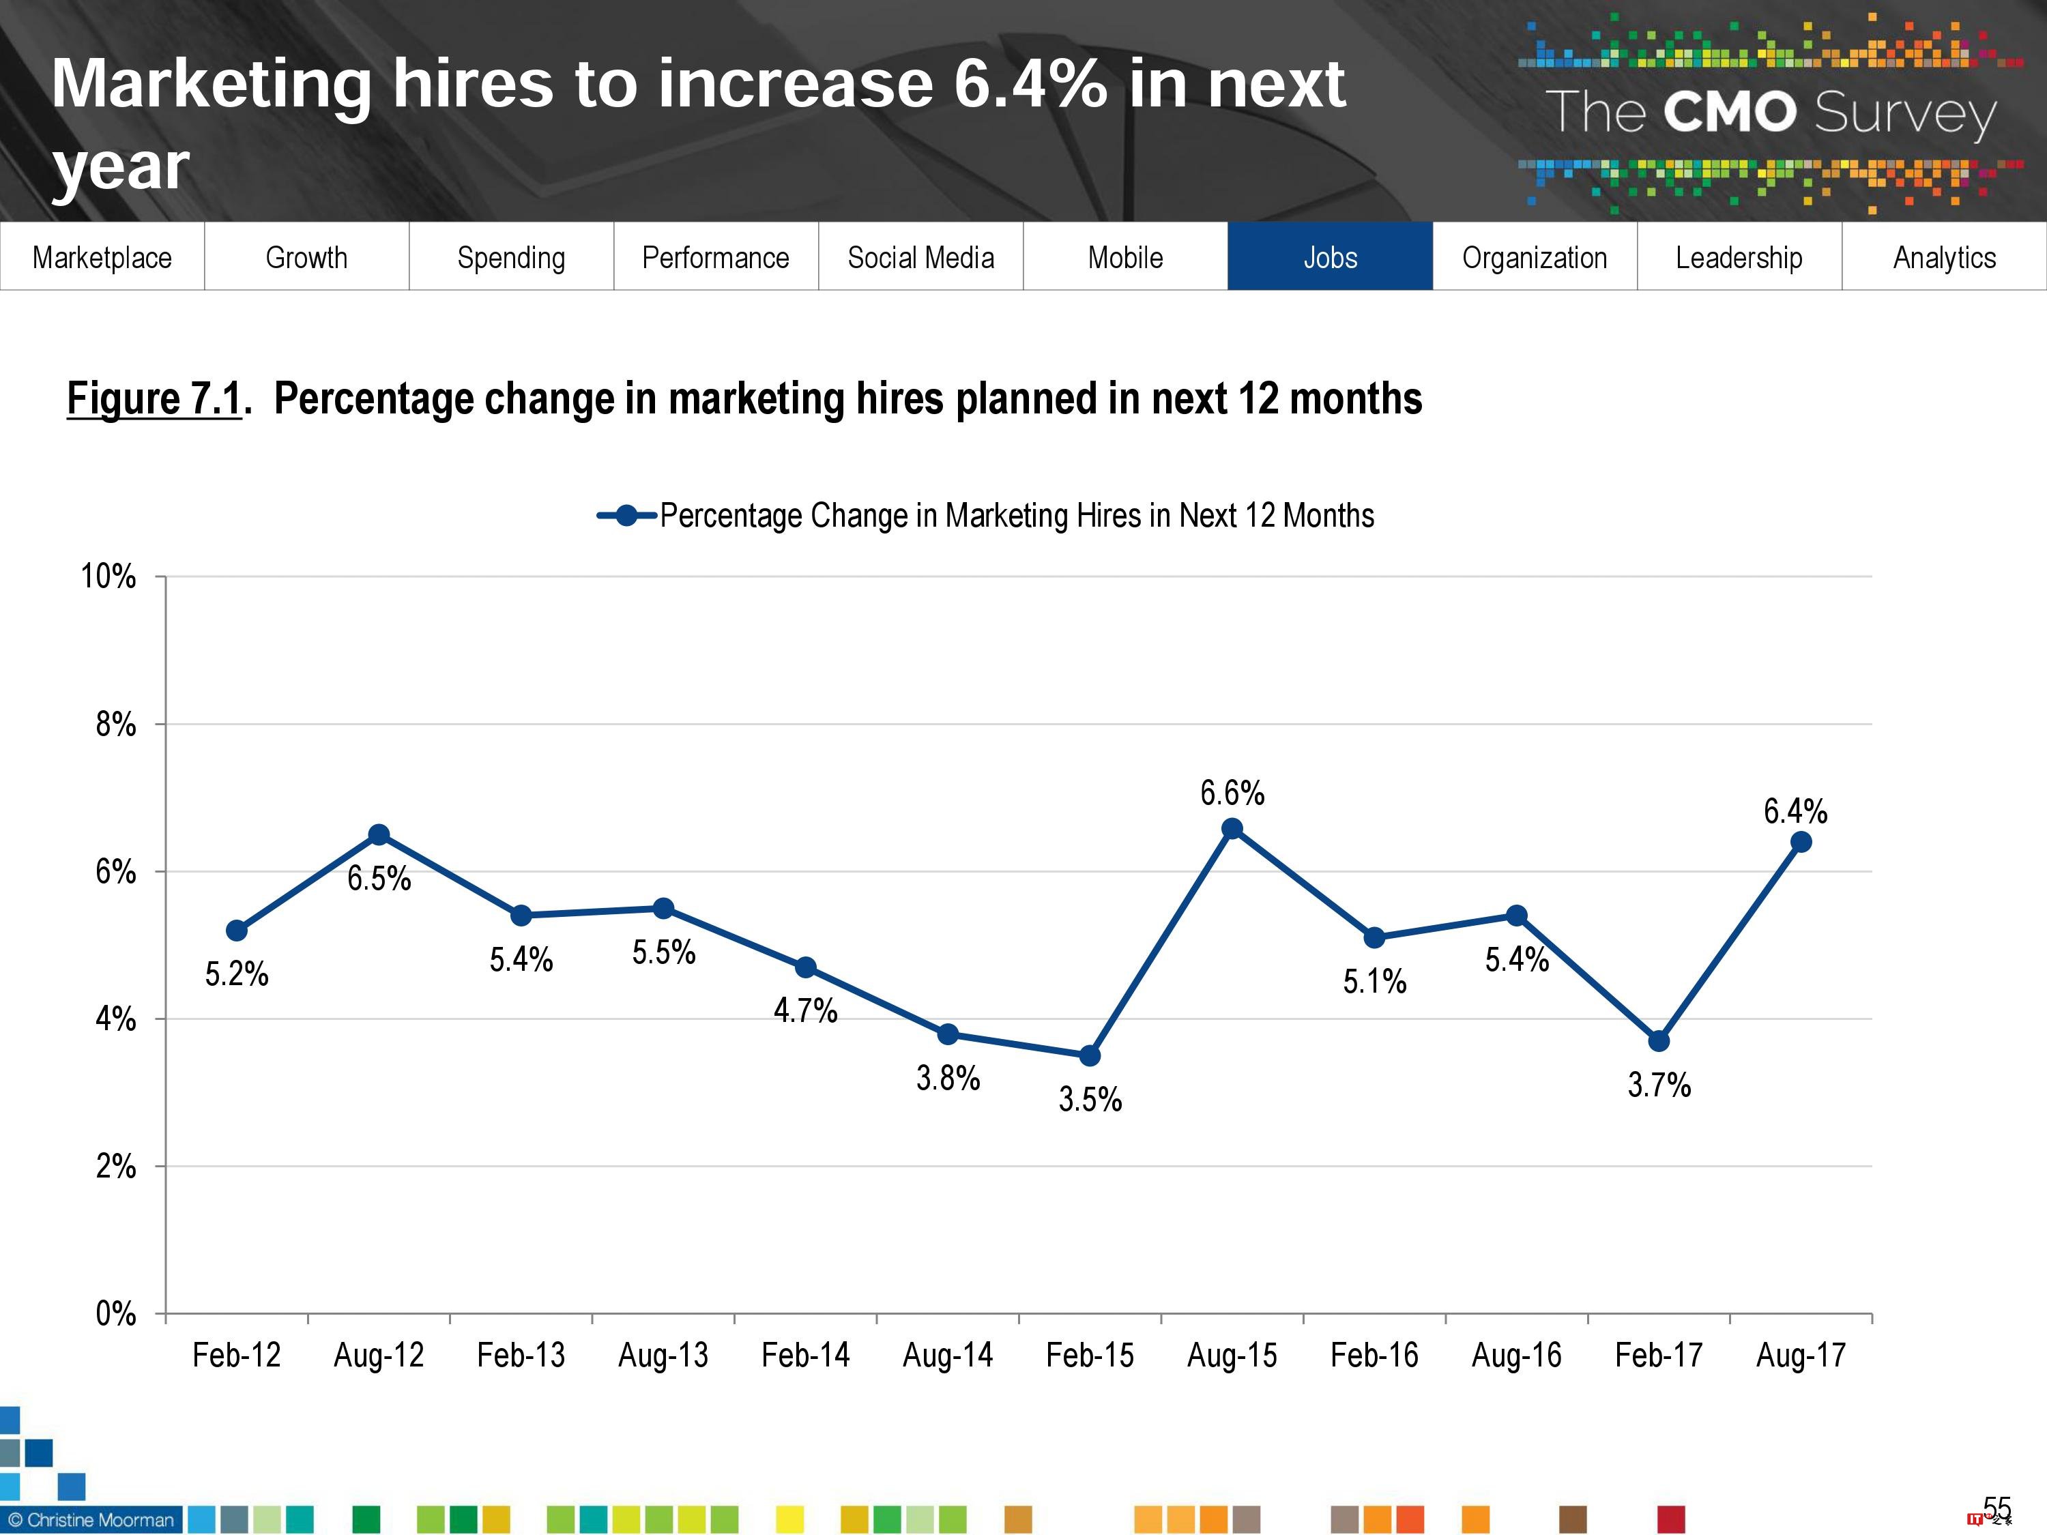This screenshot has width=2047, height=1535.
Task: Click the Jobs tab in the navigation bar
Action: coord(1330,257)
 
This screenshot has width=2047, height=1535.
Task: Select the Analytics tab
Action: coord(1943,257)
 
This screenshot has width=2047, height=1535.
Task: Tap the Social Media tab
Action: coord(920,257)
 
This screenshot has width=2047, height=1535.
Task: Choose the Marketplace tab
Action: coord(102,257)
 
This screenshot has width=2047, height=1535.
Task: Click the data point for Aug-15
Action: coord(1232,828)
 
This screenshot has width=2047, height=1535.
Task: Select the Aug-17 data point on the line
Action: coord(1800,842)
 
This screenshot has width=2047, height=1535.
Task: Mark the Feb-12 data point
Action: coord(236,930)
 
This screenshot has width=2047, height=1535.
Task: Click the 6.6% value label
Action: coord(1232,792)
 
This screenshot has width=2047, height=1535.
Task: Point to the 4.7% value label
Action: coord(805,1010)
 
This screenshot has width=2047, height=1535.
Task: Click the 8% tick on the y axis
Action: coord(116,724)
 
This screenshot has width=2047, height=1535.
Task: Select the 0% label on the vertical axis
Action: coord(116,1313)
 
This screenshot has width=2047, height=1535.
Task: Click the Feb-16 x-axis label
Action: coord(1374,1355)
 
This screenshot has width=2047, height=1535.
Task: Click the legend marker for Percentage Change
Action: coord(626,515)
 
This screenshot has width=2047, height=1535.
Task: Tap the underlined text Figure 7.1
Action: coord(154,399)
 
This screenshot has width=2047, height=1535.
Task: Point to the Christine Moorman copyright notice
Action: coord(91,1519)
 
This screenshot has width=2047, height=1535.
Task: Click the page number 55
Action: coord(1997,1508)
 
